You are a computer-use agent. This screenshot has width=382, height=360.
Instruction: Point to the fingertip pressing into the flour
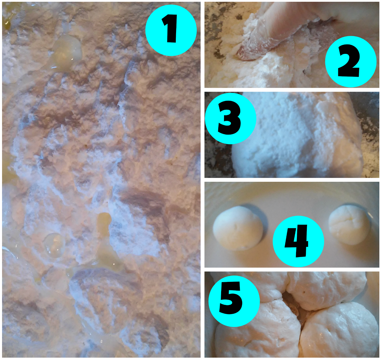click(243, 54)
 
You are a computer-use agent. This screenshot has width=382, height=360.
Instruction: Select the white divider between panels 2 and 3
click(292, 90)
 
